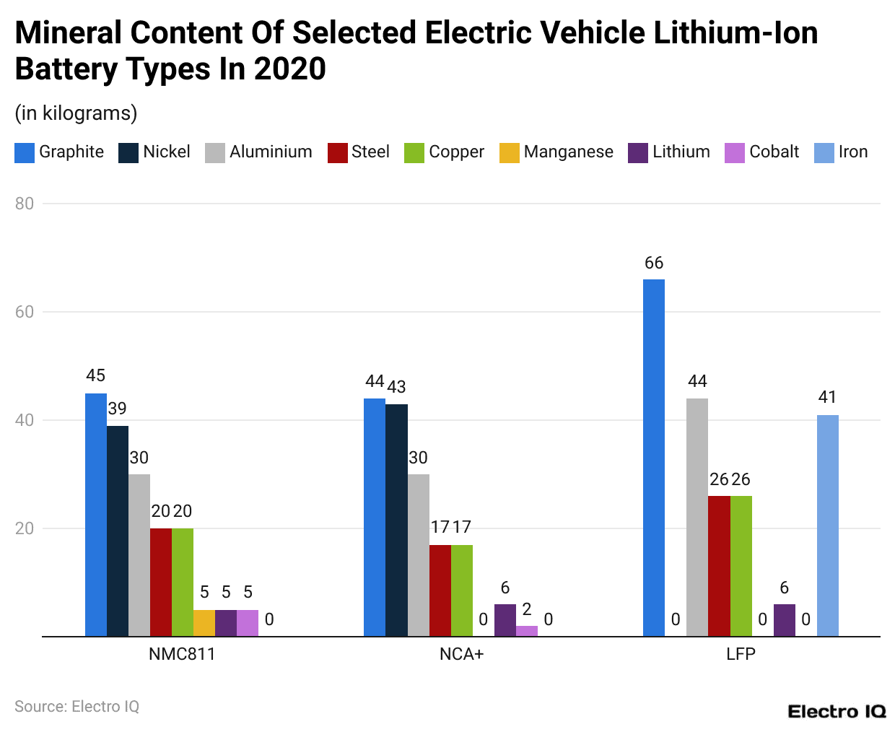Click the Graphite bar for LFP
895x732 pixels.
[653, 458]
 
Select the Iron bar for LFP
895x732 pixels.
[827, 526]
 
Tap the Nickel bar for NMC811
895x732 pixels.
[118, 531]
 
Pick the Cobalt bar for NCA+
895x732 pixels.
[527, 631]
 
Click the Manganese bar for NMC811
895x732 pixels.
[204, 623]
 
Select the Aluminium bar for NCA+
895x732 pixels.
[418, 555]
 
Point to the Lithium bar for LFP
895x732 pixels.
[784, 620]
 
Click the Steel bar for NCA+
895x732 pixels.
[440, 591]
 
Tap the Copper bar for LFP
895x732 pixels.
[741, 566]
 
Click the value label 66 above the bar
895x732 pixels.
[653, 263]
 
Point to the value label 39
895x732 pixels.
[118, 409]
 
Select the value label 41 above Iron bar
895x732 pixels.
[827, 397]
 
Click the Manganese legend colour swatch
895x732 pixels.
[509, 153]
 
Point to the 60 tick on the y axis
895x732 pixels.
[25, 312]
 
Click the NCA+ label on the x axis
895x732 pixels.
[461, 654]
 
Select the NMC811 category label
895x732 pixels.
[182, 654]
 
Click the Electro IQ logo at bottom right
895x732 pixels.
[837, 712]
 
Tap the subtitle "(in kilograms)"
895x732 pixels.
[76, 113]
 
